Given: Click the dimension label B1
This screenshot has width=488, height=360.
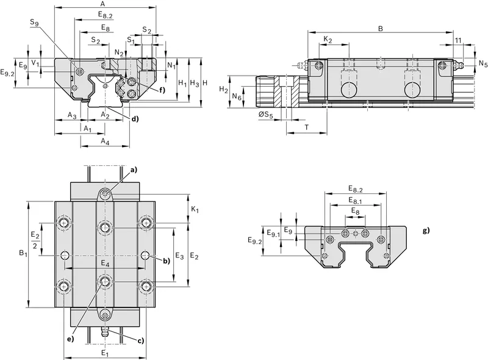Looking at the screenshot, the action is [23, 253].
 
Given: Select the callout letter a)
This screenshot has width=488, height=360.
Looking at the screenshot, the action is [134, 170].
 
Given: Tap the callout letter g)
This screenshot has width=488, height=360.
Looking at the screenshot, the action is [426, 231].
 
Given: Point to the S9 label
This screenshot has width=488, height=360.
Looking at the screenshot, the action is [35, 23].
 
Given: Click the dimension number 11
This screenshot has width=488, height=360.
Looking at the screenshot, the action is [458, 40].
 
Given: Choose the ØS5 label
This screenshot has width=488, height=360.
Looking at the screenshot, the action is [265, 115].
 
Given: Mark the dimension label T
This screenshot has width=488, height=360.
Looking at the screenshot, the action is [307, 127].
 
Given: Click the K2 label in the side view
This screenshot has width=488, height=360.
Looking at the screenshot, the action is [328, 40].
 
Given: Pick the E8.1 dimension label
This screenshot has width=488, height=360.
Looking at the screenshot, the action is [356, 201].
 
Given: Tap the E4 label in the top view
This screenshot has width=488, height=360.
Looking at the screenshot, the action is [105, 264].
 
